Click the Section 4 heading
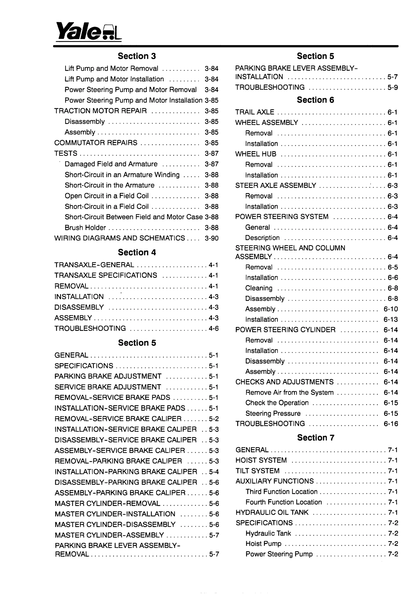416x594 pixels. tap(137, 252)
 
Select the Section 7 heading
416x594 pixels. tap(315, 437)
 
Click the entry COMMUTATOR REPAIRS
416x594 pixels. tap(96, 143)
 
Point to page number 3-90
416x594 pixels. tap(211, 238)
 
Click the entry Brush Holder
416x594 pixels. tap(85, 228)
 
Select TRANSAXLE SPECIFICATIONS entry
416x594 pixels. tap(106, 275)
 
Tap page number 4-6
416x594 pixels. tap(213, 329)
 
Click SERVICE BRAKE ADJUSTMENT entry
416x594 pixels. tap(108, 387)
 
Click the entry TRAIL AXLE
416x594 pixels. tap(255, 112)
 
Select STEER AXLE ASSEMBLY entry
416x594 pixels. tap(275, 185)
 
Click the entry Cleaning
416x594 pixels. tap(259, 288)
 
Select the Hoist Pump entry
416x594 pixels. tap(263, 544)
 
